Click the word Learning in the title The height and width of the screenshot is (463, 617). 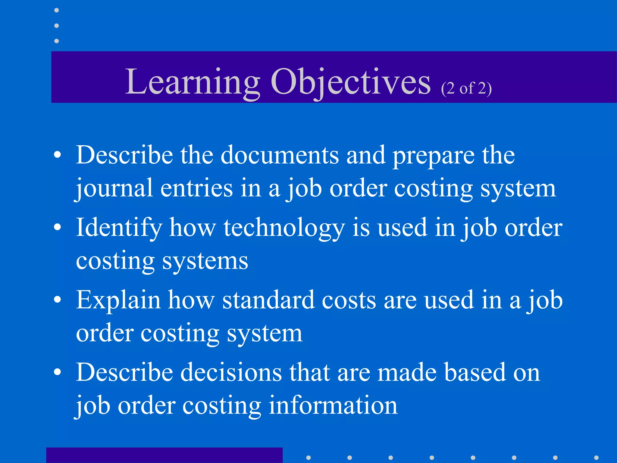(x=193, y=82)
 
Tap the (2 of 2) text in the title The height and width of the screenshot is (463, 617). (x=466, y=89)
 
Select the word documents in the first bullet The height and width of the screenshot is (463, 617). (x=280, y=155)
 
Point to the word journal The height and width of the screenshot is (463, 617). (x=114, y=188)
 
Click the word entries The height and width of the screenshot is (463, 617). (x=196, y=188)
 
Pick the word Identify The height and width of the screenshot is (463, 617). (x=119, y=228)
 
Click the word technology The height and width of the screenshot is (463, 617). (x=284, y=228)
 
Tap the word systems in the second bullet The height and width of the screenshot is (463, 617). (x=205, y=261)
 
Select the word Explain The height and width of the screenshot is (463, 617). (x=118, y=300)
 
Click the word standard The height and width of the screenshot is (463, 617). (x=268, y=300)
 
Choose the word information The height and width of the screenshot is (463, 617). (x=333, y=405)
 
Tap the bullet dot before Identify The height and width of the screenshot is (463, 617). (x=57, y=228)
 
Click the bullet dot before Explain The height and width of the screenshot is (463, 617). (x=57, y=300)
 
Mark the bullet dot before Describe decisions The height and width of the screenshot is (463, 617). (x=57, y=372)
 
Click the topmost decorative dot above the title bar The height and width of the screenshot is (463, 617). (x=56, y=10)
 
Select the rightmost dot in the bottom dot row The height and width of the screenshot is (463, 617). (x=596, y=458)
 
